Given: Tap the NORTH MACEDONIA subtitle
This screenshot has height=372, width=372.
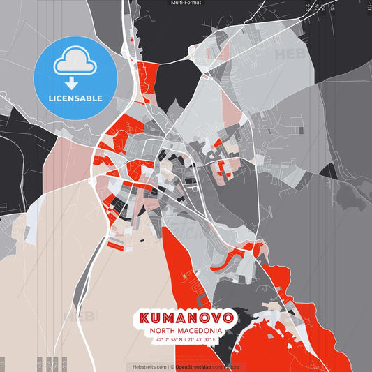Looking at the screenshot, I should (x=186, y=331).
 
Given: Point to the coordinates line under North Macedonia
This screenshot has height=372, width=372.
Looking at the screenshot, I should (x=186, y=340).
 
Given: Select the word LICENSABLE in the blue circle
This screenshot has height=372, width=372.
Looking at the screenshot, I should (x=75, y=98).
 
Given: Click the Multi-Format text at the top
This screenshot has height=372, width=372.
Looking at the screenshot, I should (x=186, y=3).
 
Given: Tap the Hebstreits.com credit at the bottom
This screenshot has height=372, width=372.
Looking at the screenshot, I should (x=146, y=366).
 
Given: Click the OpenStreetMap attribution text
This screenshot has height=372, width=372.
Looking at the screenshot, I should (x=198, y=366).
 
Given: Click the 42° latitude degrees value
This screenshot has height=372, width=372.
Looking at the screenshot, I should (x=159, y=340).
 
